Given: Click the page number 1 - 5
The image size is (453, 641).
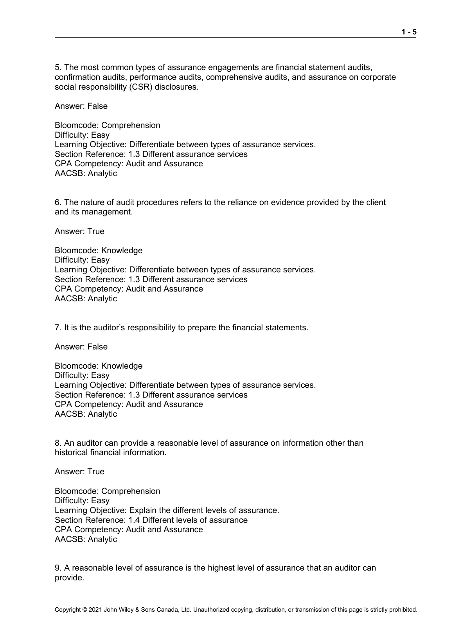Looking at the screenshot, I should (409, 32).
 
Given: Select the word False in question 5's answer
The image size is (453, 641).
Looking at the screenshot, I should (97, 106).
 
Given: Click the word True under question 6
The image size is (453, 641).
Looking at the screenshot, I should (96, 231).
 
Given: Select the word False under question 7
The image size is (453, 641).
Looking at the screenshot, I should (97, 347).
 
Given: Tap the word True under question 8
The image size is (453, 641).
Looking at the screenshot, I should (96, 472).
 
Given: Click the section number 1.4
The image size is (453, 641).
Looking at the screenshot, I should (134, 520).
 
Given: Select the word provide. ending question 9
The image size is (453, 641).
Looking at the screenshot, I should (70, 578).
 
